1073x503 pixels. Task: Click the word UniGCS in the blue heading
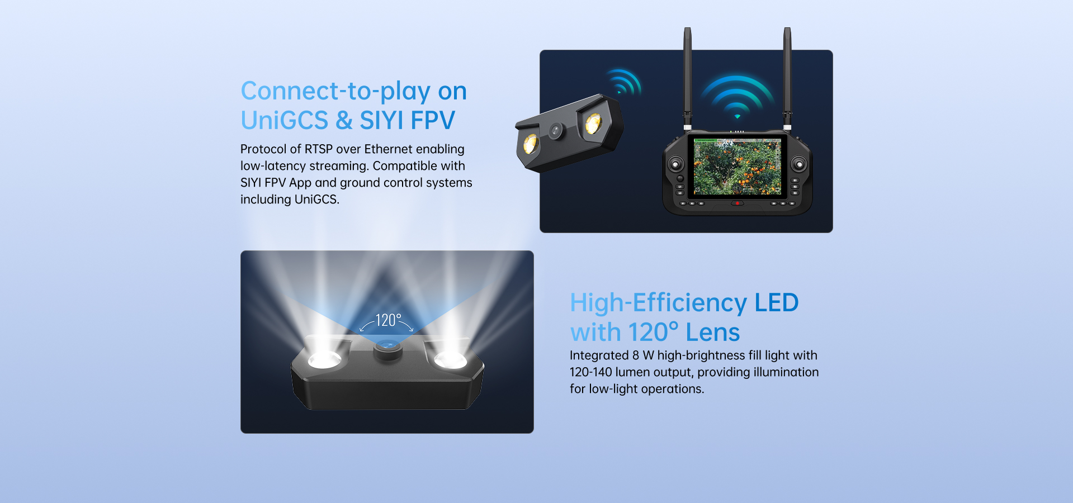(x=285, y=120)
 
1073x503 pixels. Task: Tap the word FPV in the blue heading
(x=433, y=120)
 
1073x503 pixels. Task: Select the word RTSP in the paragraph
(x=319, y=149)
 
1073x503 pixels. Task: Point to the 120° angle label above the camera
(x=388, y=320)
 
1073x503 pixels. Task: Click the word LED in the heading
(x=777, y=303)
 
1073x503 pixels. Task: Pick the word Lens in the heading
(x=713, y=333)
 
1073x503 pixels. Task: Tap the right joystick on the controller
(x=799, y=164)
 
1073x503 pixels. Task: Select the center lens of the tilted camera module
(x=555, y=131)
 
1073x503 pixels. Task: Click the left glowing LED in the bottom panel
(x=324, y=360)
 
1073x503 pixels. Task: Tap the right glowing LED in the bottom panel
(x=451, y=360)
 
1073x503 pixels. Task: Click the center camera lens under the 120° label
(x=388, y=347)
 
